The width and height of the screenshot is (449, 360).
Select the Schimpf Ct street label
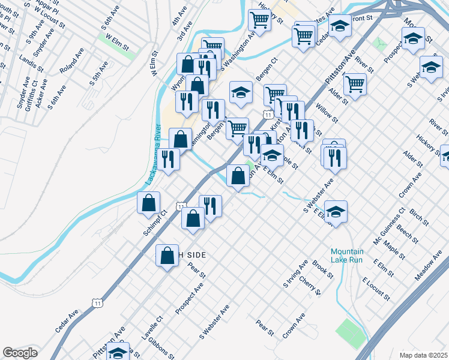154,223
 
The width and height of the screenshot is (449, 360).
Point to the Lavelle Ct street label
152,328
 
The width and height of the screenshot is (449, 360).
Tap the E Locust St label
376,289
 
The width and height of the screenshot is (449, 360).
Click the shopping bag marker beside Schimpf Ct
148,203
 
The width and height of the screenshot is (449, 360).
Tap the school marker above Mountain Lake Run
336,211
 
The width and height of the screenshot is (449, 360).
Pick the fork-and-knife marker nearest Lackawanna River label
168,159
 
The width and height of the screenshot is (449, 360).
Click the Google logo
20,353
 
